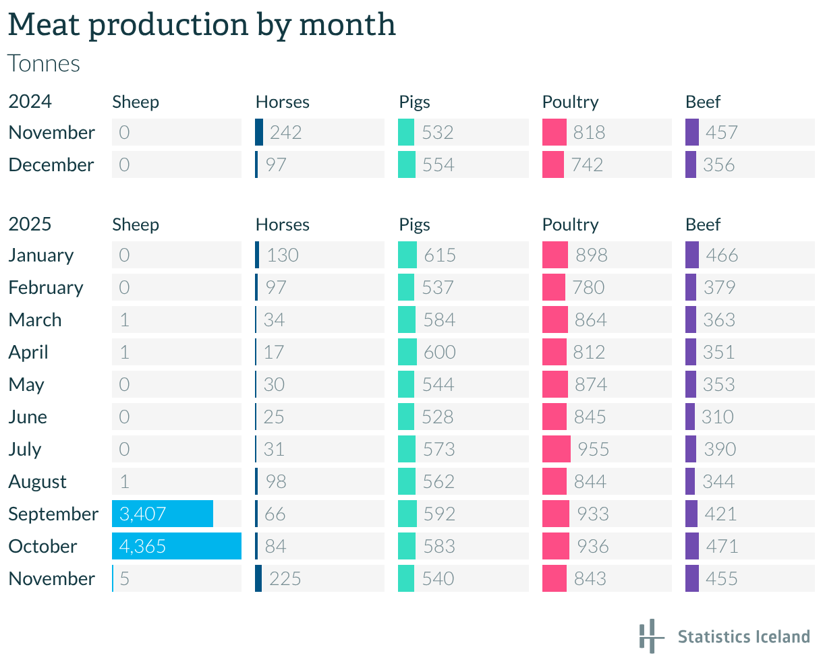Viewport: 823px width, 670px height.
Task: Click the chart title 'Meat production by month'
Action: (x=202, y=26)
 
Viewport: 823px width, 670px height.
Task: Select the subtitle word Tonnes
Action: (x=44, y=63)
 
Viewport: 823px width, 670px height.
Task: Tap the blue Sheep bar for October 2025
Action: (x=177, y=546)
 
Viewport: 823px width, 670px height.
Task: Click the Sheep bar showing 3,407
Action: (x=163, y=514)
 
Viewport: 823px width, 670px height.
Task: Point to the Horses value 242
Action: (x=285, y=132)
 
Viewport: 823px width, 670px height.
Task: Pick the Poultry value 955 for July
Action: (x=594, y=449)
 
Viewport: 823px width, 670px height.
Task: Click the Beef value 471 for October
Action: (x=722, y=546)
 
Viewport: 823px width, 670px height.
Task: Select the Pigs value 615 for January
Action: (x=440, y=255)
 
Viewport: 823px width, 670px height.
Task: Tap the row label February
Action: (x=46, y=287)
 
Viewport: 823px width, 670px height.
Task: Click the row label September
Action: (x=53, y=514)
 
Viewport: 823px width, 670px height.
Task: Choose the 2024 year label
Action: (x=30, y=102)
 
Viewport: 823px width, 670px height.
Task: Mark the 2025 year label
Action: (x=30, y=224)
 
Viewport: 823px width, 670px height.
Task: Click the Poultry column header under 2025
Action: (x=570, y=224)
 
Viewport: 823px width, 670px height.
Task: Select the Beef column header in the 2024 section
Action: (x=703, y=102)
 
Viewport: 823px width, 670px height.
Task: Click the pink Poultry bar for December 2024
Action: (x=553, y=164)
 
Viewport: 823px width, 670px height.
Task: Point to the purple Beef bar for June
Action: (x=689, y=417)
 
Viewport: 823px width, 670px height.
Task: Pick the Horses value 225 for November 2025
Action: (x=285, y=578)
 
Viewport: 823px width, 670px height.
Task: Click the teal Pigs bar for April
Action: (x=407, y=352)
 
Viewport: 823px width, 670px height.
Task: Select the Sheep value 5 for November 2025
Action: (x=124, y=578)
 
